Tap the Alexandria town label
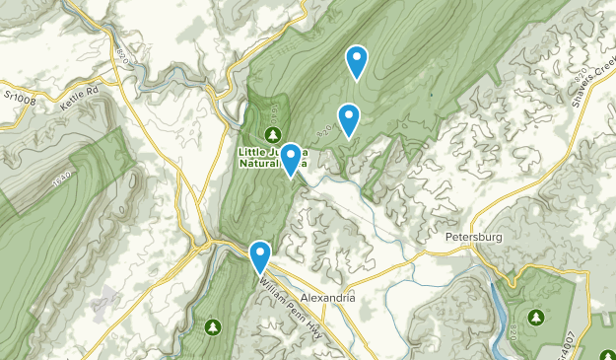click(327, 298)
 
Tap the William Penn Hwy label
click(293, 291)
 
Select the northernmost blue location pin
click(357, 62)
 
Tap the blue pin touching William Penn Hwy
click(260, 256)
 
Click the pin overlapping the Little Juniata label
click(291, 159)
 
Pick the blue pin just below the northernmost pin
click(348, 119)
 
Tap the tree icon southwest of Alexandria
click(211, 325)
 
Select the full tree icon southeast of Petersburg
click(535, 317)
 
